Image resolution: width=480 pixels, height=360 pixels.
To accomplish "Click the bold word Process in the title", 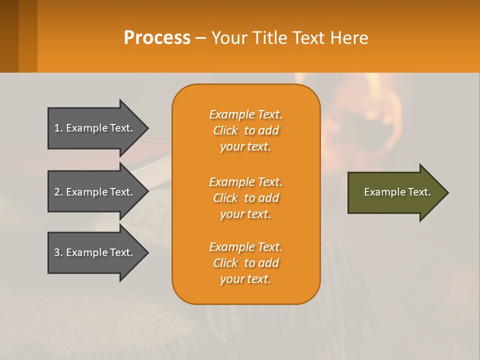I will [x=157, y=38].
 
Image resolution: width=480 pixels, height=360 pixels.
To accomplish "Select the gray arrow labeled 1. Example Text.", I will [x=95, y=128].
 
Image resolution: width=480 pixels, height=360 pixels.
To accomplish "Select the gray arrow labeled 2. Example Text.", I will [x=95, y=192].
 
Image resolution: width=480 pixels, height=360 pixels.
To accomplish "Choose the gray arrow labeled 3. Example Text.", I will [x=95, y=252].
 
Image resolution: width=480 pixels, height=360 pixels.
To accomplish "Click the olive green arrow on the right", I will [x=395, y=192].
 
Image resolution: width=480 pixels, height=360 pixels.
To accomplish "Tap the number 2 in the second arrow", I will [x=57, y=192].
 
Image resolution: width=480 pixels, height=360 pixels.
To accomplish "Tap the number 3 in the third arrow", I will [x=57, y=252].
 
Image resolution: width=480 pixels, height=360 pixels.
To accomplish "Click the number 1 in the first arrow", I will [x=57, y=128].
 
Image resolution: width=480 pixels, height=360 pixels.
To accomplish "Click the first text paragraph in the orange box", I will [x=245, y=130].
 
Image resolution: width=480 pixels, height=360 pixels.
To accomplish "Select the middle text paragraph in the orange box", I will [x=245, y=198].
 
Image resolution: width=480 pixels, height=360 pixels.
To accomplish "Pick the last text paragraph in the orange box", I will [x=245, y=263].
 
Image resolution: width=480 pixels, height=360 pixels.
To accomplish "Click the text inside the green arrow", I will [x=397, y=192].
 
